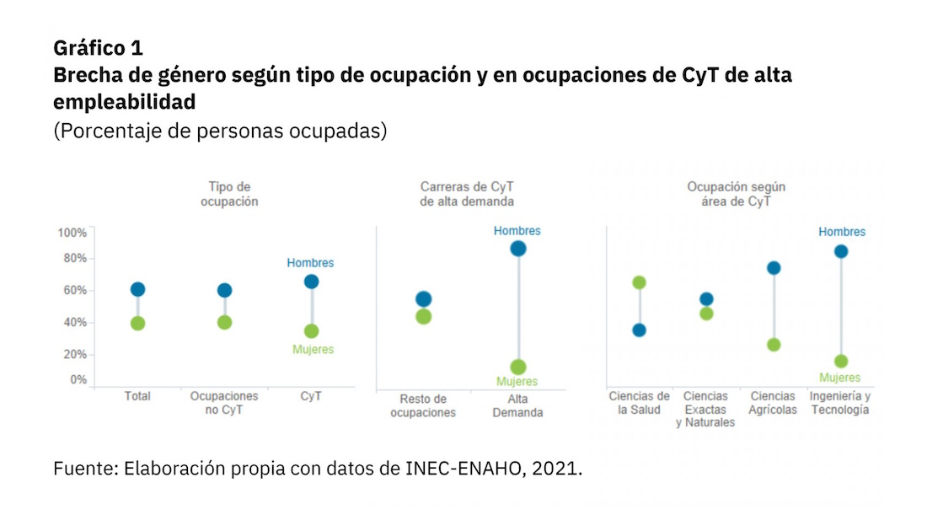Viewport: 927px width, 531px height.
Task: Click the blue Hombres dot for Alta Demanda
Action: [x=517, y=249]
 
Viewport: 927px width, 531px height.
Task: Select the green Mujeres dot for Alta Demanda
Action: [x=517, y=367]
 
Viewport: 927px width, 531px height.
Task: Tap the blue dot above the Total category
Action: [x=137, y=290]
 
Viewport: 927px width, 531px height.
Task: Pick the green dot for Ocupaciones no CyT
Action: [x=224, y=322]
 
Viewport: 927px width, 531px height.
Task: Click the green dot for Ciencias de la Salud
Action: [x=639, y=282]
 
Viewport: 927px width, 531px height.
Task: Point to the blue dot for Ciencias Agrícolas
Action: [x=773, y=268]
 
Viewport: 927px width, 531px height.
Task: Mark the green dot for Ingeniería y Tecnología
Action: [x=840, y=362]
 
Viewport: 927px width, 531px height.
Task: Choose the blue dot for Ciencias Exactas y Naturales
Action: [x=706, y=299]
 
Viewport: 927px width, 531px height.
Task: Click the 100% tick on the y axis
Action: [x=72, y=233]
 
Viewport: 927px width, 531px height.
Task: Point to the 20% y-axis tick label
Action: [x=74, y=354]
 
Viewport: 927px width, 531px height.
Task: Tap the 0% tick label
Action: [x=77, y=379]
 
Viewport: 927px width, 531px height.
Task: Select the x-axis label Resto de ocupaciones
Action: [x=423, y=405]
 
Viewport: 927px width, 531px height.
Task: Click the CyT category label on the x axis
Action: [x=311, y=396]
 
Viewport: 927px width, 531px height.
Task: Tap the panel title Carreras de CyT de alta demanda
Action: [x=466, y=194]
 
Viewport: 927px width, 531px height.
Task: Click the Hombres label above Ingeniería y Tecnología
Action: [x=841, y=232]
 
